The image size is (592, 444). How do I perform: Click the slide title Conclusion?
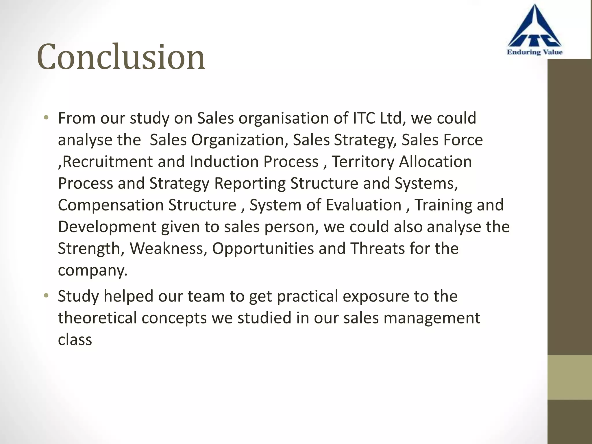click(121, 57)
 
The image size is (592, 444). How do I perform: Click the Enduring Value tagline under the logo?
click(534, 52)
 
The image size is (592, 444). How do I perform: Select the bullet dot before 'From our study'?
click(46, 118)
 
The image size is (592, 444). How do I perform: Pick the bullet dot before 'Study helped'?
click(46, 296)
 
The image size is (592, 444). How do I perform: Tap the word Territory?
click(363, 162)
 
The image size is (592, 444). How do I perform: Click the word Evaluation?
click(364, 205)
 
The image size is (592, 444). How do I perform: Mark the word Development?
click(107, 227)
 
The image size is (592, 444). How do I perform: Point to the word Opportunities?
click(263, 248)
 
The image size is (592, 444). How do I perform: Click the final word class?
click(75, 339)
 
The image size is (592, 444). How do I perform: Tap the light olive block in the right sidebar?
click(569, 377)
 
